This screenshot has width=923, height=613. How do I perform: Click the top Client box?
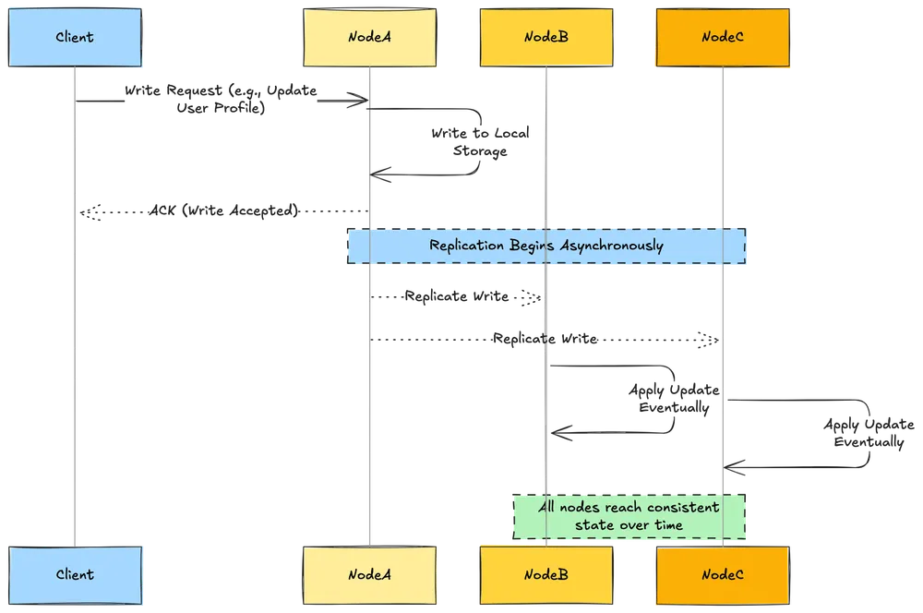[75, 38]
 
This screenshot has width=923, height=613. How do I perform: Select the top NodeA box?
[369, 38]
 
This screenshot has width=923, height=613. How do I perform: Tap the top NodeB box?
[545, 38]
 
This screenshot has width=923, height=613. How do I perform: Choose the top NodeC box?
[722, 38]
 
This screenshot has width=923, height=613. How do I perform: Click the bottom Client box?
[75, 574]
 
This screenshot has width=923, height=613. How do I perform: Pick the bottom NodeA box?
[369, 574]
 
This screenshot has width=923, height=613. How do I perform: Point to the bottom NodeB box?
[545, 574]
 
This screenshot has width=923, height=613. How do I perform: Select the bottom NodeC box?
[722, 574]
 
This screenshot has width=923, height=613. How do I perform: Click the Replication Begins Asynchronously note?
[546, 246]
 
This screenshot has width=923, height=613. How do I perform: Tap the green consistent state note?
[629, 516]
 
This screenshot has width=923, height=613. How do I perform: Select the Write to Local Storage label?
[479, 142]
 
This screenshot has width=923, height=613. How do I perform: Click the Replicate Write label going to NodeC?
[545, 340]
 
